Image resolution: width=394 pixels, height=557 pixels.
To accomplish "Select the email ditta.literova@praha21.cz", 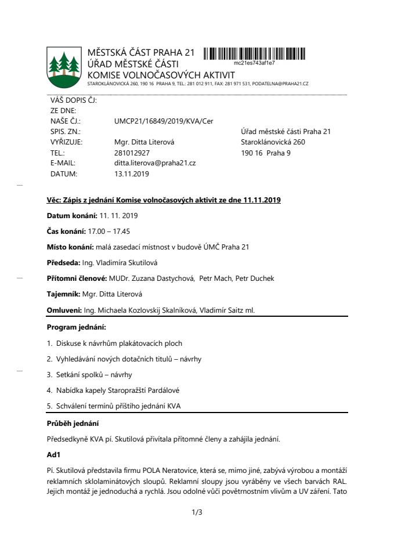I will coord(155,163).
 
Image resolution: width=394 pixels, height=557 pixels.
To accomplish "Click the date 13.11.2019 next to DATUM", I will coord(132,173).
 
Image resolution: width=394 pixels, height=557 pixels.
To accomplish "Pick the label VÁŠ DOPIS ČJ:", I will coord(74,100).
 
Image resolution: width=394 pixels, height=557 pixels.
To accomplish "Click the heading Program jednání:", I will coord(76,327).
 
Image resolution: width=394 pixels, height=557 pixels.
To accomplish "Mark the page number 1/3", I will coord(196,512).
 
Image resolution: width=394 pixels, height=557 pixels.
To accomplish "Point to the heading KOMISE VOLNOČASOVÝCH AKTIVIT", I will coord(161,75).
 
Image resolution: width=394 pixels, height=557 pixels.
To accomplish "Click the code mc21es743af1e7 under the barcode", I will coord(254,63).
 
